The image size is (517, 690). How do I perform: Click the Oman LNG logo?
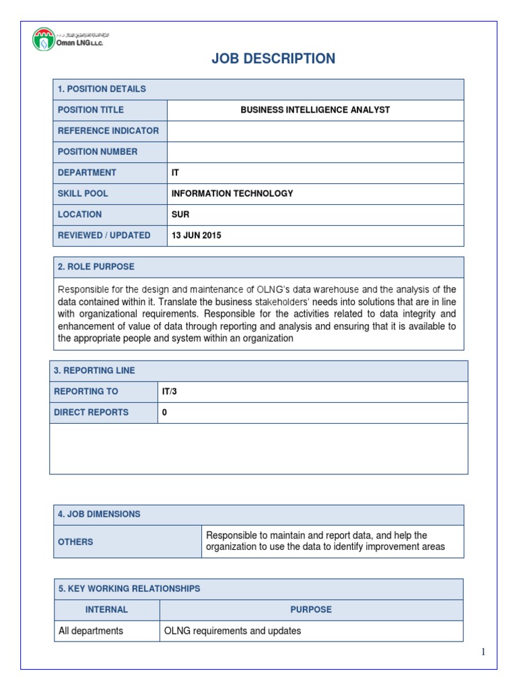(71, 38)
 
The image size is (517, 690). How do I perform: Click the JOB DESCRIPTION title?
(273, 59)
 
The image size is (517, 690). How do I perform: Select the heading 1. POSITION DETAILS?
(102, 89)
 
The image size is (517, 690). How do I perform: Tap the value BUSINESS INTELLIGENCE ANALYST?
(315, 110)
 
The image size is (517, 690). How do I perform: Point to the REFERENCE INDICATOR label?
(108, 131)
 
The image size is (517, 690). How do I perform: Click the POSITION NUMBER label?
(98, 152)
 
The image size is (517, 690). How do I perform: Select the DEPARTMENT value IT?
(176, 172)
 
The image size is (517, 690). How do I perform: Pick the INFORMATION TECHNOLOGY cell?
(232, 193)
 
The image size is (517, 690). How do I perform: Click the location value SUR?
(180, 214)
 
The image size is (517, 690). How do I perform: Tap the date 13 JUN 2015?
(197, 235)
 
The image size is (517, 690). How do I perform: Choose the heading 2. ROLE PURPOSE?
(96, 267)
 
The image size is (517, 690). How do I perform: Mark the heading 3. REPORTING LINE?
(94, 371)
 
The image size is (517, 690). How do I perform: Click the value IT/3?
(170, 391)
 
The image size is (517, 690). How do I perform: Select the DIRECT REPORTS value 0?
(164, 412)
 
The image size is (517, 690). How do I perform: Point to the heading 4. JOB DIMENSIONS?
(99, 514)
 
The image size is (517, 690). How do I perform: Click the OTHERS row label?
(75, 542)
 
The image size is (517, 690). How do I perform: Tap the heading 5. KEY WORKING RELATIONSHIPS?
(129, 589)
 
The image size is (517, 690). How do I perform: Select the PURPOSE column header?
(311, 610)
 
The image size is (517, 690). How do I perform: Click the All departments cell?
(91, 631)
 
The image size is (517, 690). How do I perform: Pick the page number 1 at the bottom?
(483, 652)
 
